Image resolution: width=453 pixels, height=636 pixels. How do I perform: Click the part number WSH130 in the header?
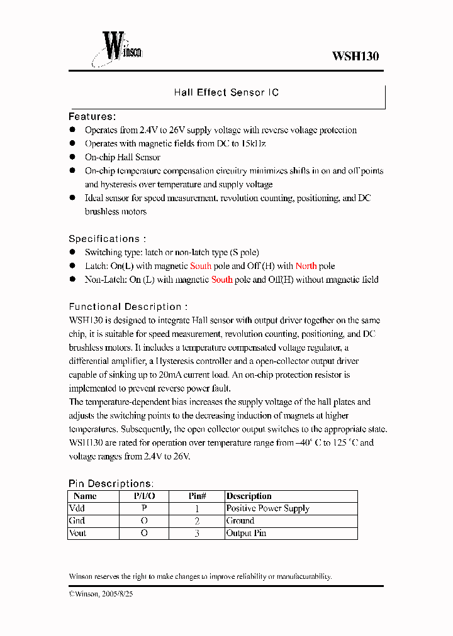pos(355,56)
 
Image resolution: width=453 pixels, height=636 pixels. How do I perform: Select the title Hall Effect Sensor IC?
pos(226,92)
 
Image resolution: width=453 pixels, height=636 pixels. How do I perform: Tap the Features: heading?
pos(92,116)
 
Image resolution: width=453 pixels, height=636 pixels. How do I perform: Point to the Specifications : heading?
pos(107,239)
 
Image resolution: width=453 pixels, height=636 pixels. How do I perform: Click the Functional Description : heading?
pos(128,307)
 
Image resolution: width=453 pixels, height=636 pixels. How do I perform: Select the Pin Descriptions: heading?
pos(110,483)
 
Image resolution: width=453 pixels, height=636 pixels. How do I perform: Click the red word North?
pos(306,266)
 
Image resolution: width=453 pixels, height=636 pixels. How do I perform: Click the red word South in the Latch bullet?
pos(201,266)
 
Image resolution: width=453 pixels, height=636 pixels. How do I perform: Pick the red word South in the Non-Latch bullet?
pos(221,280)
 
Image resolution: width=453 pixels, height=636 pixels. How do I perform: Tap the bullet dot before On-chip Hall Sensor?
pos(72,157)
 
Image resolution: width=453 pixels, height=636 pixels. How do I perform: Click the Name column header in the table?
pos(85,496)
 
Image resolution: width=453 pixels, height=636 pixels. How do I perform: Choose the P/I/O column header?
pos(144,496)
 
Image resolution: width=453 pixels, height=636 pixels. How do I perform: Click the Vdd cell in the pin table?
pos(77,508)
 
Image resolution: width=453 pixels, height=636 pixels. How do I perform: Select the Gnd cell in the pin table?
pos(77,520)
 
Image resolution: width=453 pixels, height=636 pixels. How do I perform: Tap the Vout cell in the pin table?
pos(78,533)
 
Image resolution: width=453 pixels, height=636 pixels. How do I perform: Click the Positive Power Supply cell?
pos(268,508)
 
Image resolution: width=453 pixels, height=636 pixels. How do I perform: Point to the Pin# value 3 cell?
pos(197,533)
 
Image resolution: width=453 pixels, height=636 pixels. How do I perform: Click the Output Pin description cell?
pos(247,533)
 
